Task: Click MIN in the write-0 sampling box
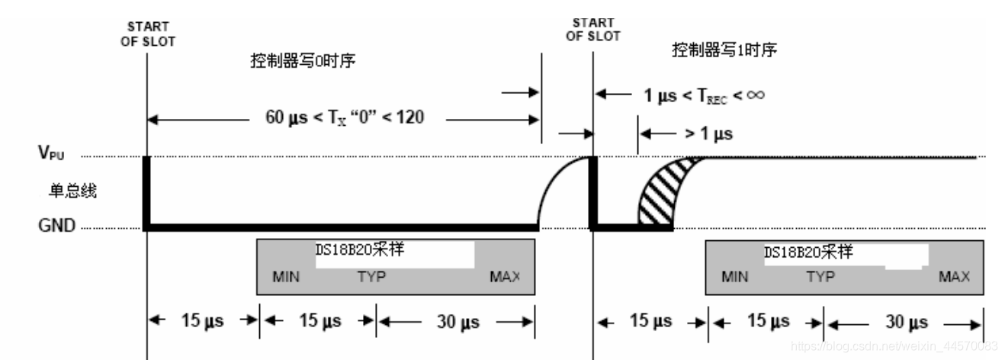pyautogui.click(x=286, y=276)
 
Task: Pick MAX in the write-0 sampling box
pyautogui.click(x=505, y=276)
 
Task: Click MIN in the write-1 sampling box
pyautogui.click(x=735, y=276)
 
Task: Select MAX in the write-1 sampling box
pyautogui.click(x=954, y=276)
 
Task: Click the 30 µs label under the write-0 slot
pyautogui.click(x=457, y=321)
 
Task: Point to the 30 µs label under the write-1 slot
pyautogui.click(x=906, y=321)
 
